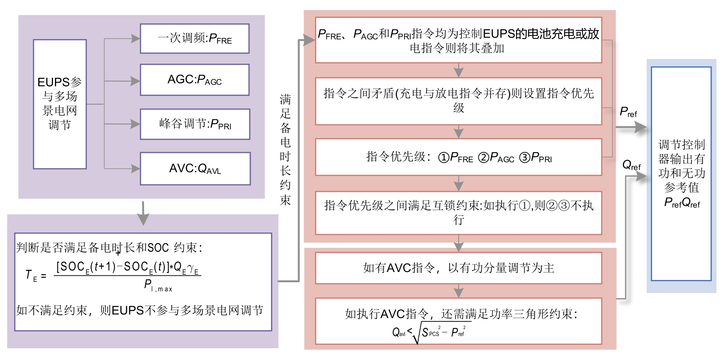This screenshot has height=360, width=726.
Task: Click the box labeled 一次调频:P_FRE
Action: (x=194, y=38)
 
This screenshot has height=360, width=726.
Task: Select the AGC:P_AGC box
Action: (x=194, y=80)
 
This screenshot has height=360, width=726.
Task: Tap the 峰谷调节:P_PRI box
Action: (x=195, y=124)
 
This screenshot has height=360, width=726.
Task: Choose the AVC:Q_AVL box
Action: (x=195, y=168)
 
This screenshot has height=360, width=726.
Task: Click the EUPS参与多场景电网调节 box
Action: (x=60, y=104)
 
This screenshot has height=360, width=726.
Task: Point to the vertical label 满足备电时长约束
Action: (x=285, y=149)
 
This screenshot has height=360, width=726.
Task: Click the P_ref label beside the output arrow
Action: (x=628, y=112)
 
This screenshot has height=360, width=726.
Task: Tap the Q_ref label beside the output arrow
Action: (x=631, y=165)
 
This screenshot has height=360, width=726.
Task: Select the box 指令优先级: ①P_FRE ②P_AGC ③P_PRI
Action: (x=458, y=157)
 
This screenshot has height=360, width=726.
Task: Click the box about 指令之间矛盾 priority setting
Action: (x=458, y=101)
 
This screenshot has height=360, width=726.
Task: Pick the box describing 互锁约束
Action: (x=458, y=212)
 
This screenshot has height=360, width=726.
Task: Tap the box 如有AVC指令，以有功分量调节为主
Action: (x=458, y=268)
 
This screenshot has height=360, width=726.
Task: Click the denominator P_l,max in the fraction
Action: (x=158, y=285)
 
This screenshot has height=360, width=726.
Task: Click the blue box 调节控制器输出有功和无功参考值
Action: (x=681, y=174)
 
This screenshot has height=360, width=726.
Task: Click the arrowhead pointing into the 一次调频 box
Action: (x=135, y=38)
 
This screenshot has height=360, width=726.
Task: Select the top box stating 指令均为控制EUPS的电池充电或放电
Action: (x=458, y=40)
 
